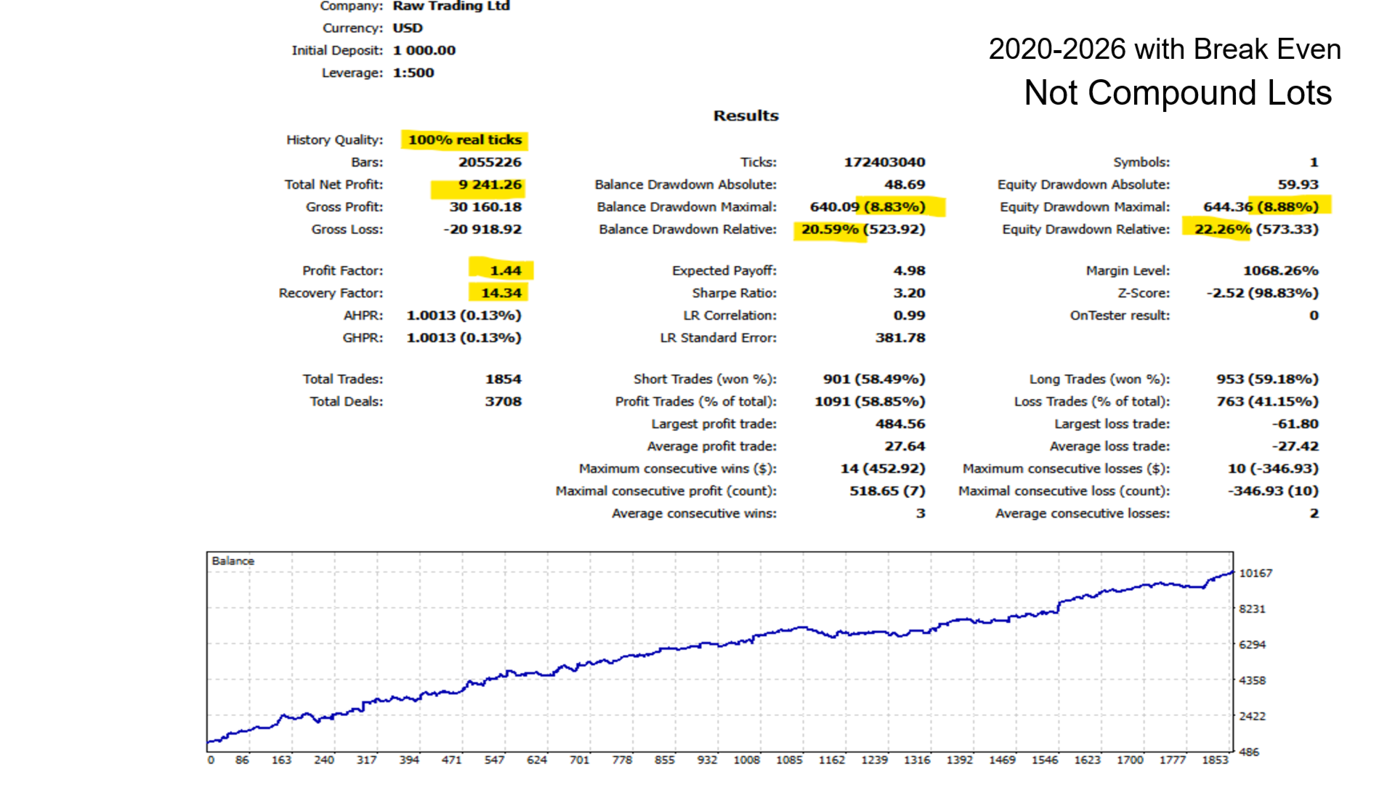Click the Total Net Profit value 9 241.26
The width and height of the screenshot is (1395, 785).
point(490,185)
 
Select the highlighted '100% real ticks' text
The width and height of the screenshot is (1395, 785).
point(464,140)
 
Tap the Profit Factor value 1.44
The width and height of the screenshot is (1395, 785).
point(505,270)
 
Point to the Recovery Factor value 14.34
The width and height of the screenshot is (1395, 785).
point(501,293)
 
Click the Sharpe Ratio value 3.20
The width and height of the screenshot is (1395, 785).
point(909,293)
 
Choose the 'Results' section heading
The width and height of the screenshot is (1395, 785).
point(745,116)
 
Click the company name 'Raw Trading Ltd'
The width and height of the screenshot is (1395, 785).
point(451,6)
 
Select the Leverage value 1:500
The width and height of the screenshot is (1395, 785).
point(413,73)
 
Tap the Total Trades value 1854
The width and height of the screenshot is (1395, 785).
point(503,379)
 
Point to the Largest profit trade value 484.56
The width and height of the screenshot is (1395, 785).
point(900,424)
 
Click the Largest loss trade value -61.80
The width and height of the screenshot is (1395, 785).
point(1295,424)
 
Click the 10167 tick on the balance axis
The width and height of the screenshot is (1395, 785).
point(1255,573)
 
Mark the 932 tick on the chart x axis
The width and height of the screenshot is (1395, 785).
point(707,760)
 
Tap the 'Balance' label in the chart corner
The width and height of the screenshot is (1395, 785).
point(233,561)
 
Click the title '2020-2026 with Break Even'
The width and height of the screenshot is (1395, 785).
point(1165,49)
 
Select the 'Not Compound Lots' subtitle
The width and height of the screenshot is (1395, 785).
point(1178,93)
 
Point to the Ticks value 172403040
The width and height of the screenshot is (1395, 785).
point(884,162)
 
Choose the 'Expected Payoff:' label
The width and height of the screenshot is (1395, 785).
point(724,270)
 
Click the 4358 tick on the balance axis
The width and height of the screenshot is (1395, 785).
point(1252,680)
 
